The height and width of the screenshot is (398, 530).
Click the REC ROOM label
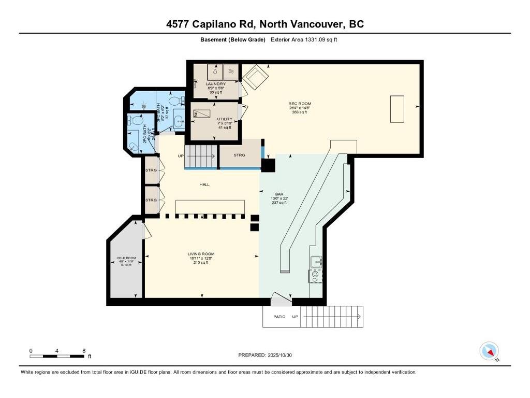coord(300,104)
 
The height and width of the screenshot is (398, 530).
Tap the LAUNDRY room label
coord(215,84)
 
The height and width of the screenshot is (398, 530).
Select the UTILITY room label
coord(225,119)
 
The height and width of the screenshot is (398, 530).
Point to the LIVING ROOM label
coord(201,254)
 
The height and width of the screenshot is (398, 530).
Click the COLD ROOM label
coord(126,258)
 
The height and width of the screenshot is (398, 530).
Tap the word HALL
coord(205,184)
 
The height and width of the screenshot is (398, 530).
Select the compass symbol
coord(489,351)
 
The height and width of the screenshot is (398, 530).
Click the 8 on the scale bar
coord(84,351)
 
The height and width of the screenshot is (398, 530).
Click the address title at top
coord(264,24)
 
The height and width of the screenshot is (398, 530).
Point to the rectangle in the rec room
coord(397,109)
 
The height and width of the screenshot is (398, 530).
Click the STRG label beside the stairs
coord(239,155)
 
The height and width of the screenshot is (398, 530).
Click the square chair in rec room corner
coord(256,78)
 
